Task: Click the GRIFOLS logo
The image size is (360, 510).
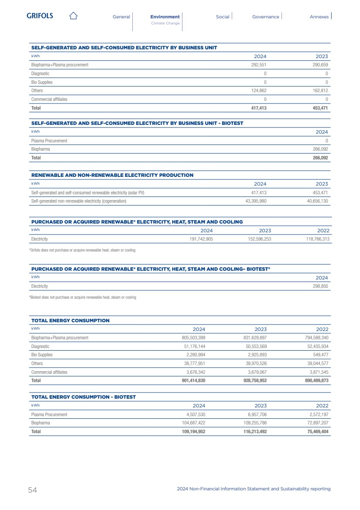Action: coord(40,16)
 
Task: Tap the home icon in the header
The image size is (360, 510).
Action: coord(73,16)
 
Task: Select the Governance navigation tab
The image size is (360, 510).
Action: coord(265,17)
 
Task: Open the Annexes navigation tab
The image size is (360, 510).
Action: coord(319,17)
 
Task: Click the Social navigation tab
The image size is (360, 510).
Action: coord(223,17)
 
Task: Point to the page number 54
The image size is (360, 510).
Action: coord(32,490)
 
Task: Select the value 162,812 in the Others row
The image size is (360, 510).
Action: coord(319,90)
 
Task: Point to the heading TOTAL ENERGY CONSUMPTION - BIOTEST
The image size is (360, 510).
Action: coord(83,397)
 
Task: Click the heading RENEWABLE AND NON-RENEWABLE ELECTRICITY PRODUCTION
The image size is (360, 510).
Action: coord(112,175)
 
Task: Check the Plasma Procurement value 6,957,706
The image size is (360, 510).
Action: coord(254,414)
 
